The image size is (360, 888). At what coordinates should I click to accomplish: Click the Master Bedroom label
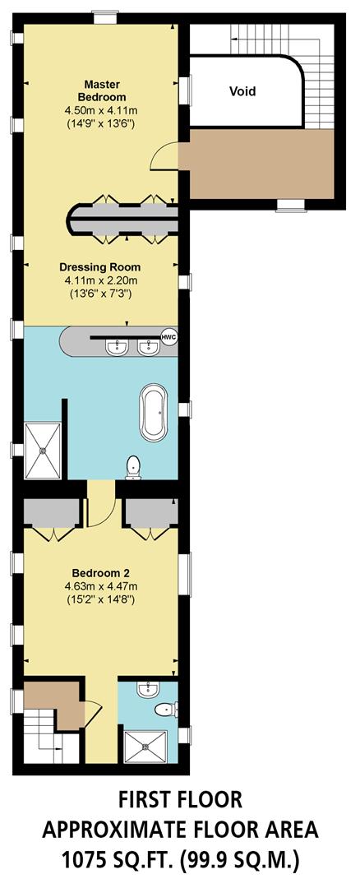tap(102, 90)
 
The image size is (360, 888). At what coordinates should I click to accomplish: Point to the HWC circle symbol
tap(169, 338)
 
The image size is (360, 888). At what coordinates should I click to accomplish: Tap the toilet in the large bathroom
tap(132, 467)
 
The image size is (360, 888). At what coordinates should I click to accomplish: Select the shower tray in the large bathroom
tap(43, 451)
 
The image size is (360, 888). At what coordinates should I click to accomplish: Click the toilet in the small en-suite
tap(164, 709)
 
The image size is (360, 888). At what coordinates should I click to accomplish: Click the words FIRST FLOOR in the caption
tap(179, 799)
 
